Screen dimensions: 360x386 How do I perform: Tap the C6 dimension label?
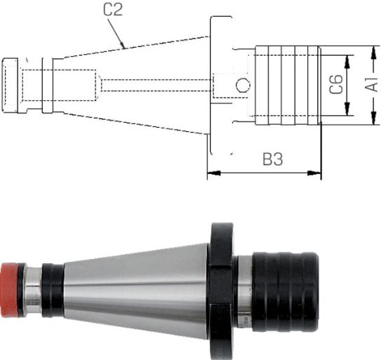[x=337, y=86]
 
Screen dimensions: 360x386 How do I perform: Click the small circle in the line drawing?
[x=242, y=86]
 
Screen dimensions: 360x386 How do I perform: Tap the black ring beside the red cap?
[x=51, y=288]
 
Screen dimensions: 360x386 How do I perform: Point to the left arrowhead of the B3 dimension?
[x=211, y=172]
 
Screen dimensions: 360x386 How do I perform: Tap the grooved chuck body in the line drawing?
[x=288, y=85]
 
